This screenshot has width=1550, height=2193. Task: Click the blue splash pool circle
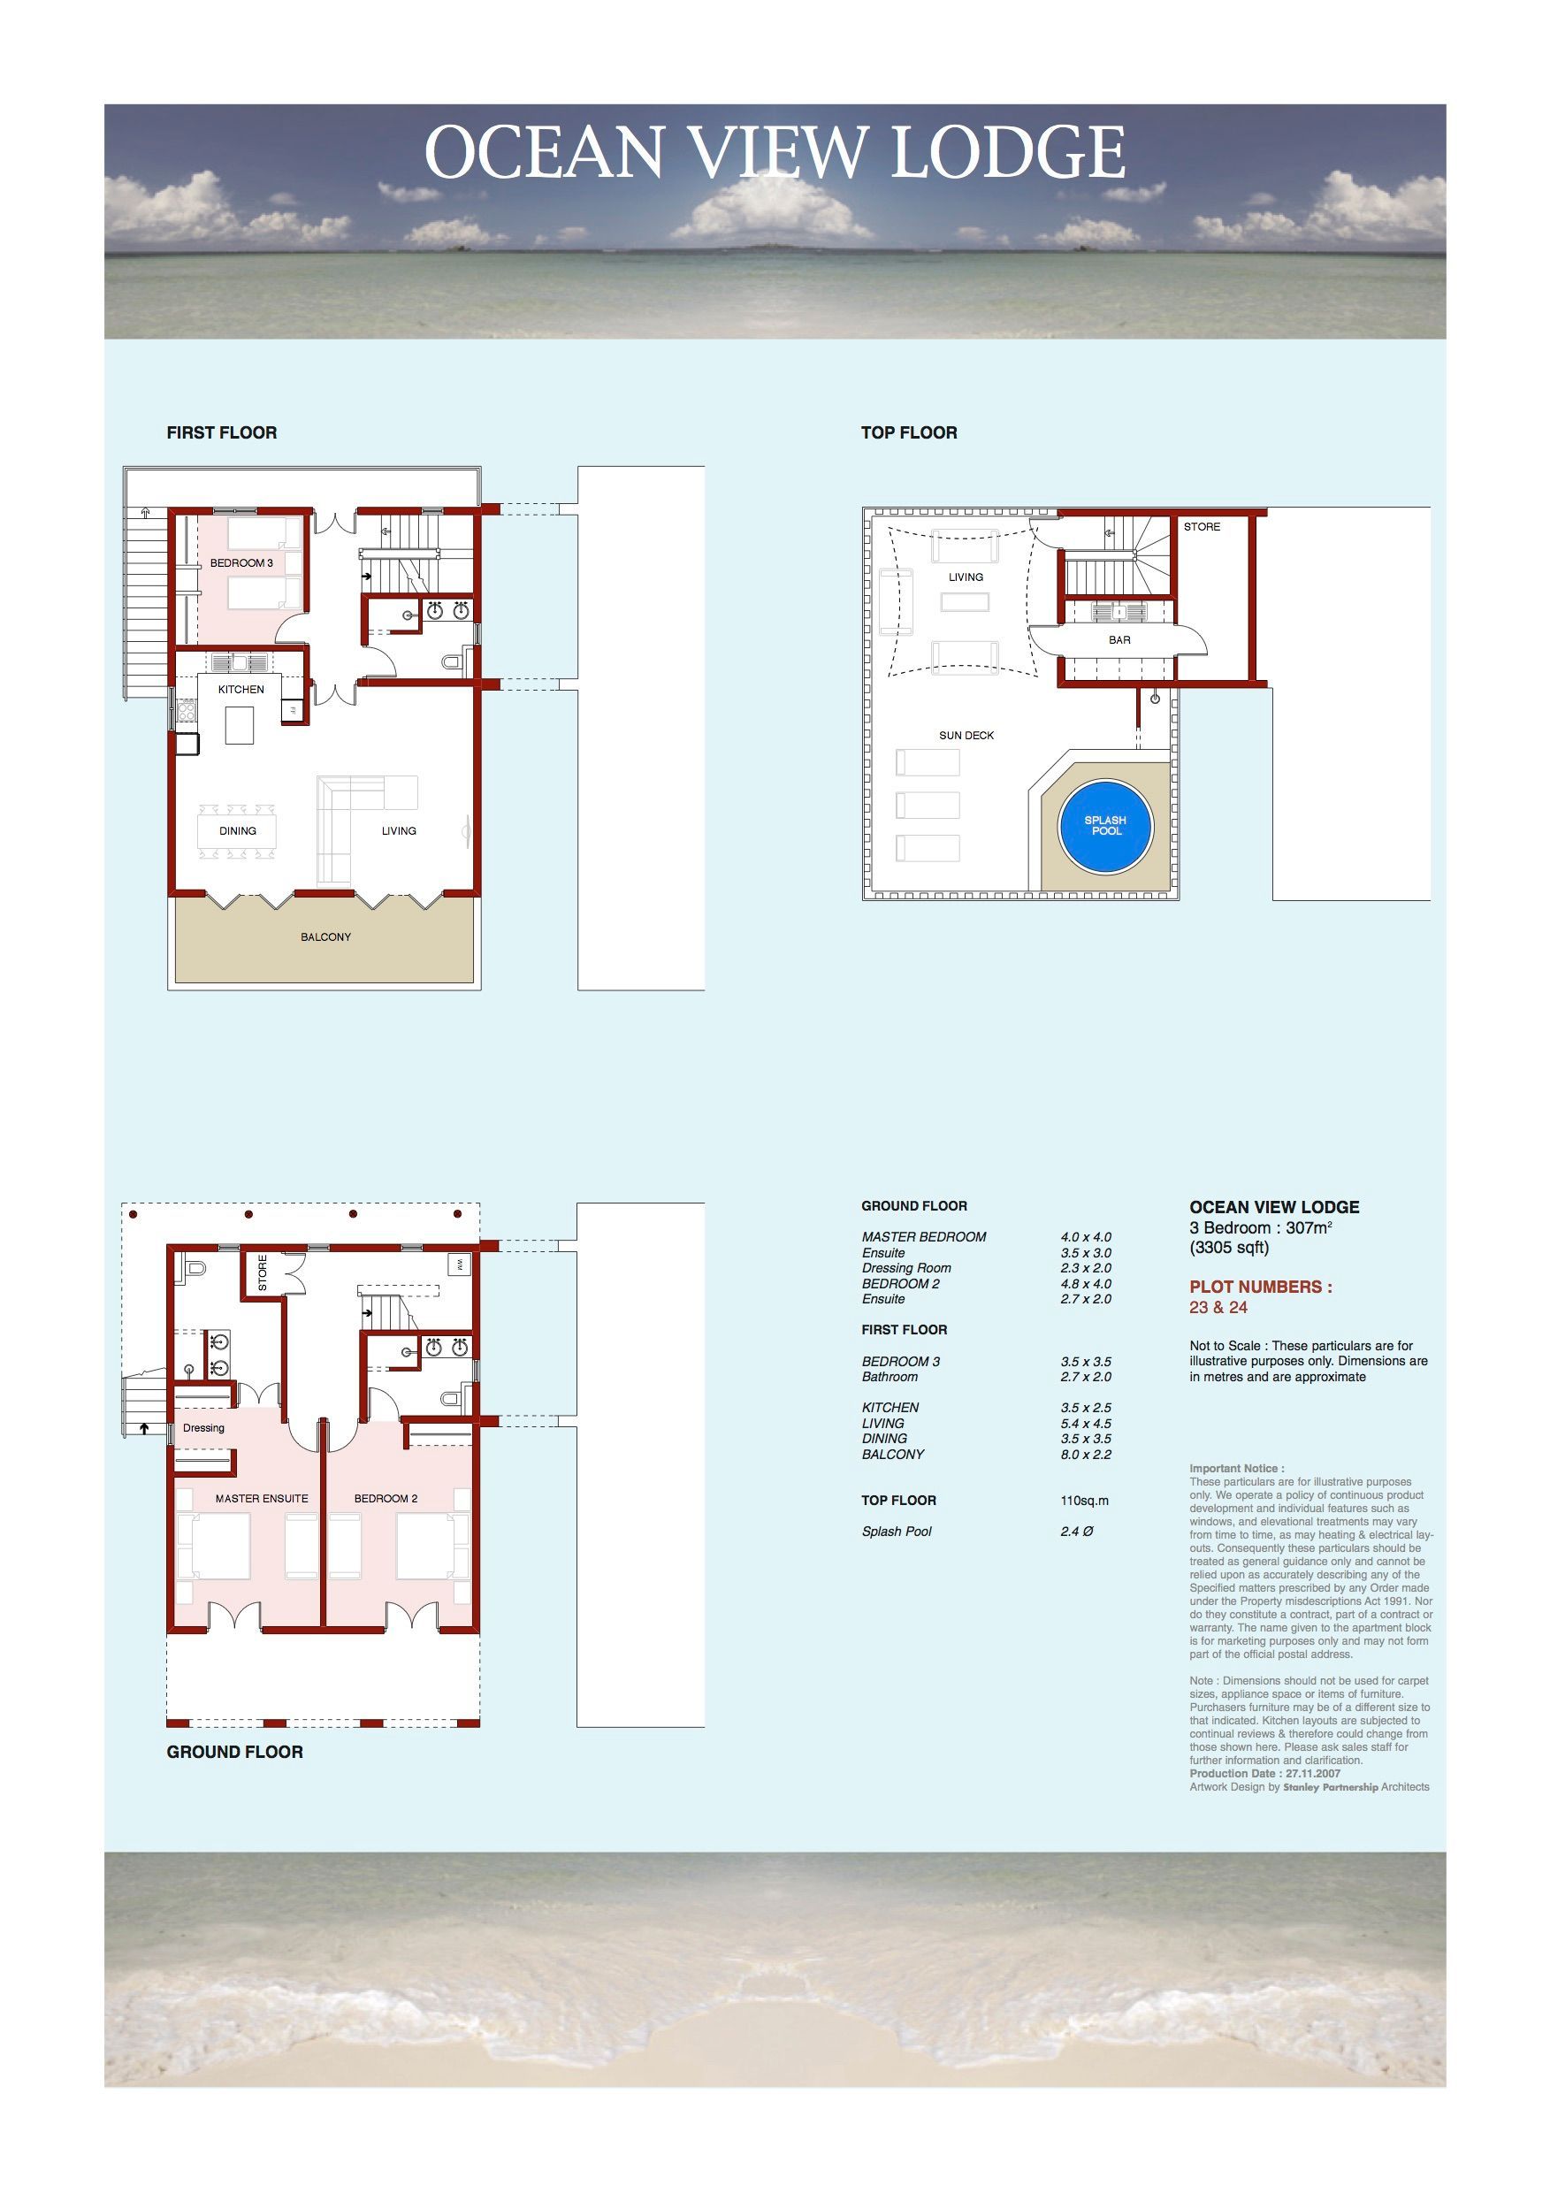1105,826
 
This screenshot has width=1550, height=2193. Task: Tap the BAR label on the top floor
1119,640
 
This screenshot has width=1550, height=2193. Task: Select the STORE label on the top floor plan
1202,526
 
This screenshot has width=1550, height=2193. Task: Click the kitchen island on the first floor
241,724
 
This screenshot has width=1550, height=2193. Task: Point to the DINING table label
238,831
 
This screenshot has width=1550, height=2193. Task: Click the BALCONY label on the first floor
325,937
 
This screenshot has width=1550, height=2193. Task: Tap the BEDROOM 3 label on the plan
241,562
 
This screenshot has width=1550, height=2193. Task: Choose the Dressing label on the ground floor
203,1428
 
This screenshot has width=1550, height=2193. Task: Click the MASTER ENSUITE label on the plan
262,1499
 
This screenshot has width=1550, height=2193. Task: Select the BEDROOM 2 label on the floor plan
386,1499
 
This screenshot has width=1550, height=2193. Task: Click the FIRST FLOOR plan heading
222,432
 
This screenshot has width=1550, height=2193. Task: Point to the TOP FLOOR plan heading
909,432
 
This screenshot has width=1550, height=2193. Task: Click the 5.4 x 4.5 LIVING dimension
1086,1423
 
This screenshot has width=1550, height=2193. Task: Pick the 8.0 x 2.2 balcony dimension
1086,1455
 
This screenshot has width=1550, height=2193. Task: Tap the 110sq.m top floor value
1085,1501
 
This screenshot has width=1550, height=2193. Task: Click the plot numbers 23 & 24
1218,1308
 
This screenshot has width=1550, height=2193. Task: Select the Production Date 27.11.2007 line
1265,1774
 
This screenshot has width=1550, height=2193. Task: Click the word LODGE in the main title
1009,152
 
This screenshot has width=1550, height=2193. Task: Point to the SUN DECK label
966,736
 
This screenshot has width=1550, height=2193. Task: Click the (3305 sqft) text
1229,1248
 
